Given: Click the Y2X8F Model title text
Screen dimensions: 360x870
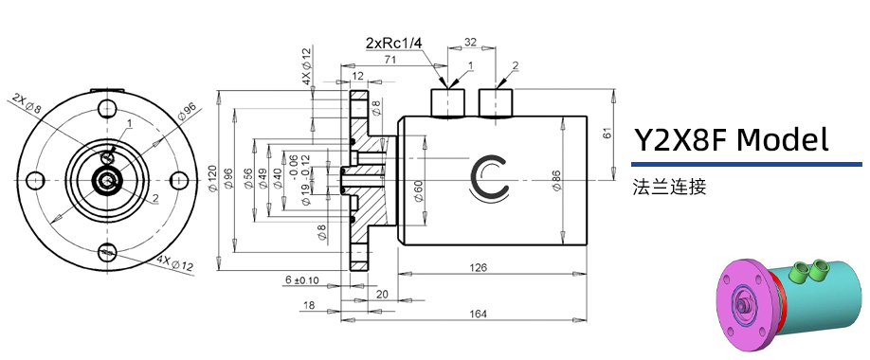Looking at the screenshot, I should tap(732, 141).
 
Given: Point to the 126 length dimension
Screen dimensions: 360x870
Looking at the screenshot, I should tap(478, 268).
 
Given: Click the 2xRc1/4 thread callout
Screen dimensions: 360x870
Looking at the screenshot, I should tap(394, 43).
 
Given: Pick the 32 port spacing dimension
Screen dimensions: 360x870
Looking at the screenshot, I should tap(470, 43).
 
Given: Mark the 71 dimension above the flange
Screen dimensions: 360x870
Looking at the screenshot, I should tap(363, 59).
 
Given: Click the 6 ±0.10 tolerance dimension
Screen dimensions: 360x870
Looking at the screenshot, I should tap(301, 280).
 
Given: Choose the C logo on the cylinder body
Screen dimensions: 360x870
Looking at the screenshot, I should tap(492, 176).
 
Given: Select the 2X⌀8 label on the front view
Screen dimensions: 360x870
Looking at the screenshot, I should tap(26, 102).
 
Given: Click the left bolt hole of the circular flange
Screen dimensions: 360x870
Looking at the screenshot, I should tap(35, 179).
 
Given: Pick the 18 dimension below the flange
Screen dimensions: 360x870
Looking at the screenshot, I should tap(309, 305).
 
